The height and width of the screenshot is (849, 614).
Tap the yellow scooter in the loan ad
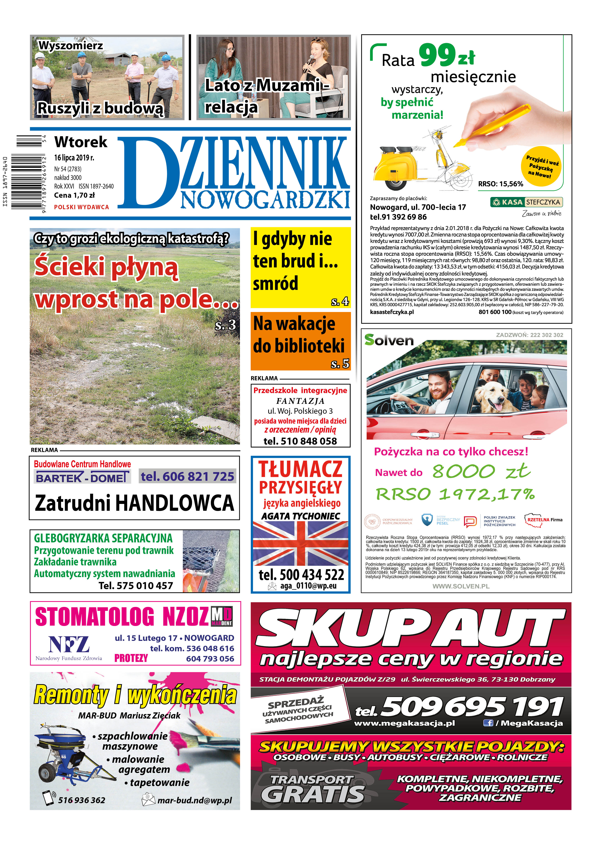397,168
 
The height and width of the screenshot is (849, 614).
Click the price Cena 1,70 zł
74,195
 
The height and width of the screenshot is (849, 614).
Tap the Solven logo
389,340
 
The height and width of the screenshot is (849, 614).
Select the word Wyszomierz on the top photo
70,46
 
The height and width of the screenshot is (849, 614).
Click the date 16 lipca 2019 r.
74,158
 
